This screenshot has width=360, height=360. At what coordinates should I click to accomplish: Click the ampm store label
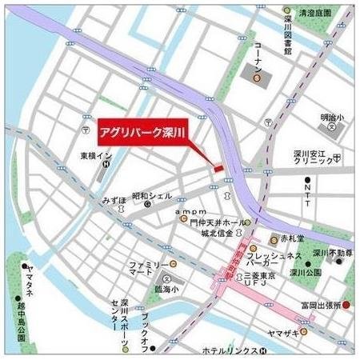pos(186,211)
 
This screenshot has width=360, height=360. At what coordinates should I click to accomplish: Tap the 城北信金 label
pos(216,234)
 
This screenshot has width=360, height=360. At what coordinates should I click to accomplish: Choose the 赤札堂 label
pos(293,238)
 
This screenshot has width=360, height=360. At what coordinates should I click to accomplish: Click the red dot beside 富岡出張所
pos(346,305)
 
